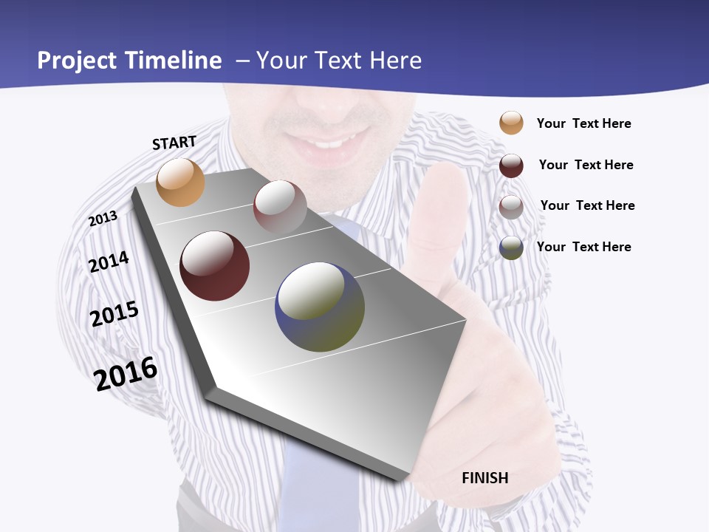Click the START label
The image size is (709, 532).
[x=174, y=143]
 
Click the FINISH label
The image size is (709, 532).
[x=485, y=478]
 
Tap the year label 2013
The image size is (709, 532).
[x=103, y=219]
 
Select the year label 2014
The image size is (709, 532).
[x=109, y=262]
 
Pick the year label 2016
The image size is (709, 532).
[x=126, y=373]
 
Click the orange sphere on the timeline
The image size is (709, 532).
[x=180, y=182]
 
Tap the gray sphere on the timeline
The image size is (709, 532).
[x=280, y=207]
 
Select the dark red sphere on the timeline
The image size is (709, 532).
[x=214, y=266]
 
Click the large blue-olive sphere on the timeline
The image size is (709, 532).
[x=320, y=307]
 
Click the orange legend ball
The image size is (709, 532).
[x=511, y=123]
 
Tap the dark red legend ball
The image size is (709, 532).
[x=511, y=166]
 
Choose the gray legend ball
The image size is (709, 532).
[x=511, y=207]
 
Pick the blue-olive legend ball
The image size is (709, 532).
[x=511, y=248]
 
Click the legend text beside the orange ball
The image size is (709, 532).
[x=583, y=123]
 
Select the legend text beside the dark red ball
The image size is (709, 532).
[x=586, y=165]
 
